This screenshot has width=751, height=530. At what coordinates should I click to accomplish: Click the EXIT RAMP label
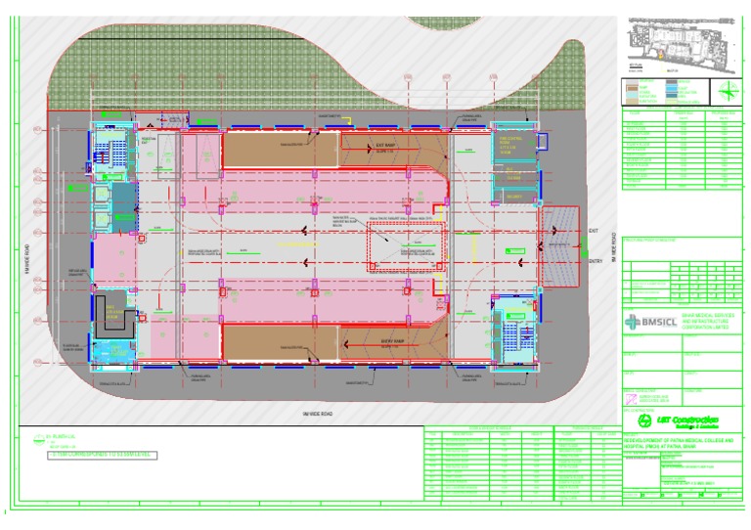[x=384, y=146]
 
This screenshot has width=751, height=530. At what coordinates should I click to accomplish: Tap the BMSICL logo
[x=642, y=322]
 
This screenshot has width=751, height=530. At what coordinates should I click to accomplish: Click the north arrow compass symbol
[x=729, y=92]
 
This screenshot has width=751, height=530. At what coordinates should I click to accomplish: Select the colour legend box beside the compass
[x=670, y=93]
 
